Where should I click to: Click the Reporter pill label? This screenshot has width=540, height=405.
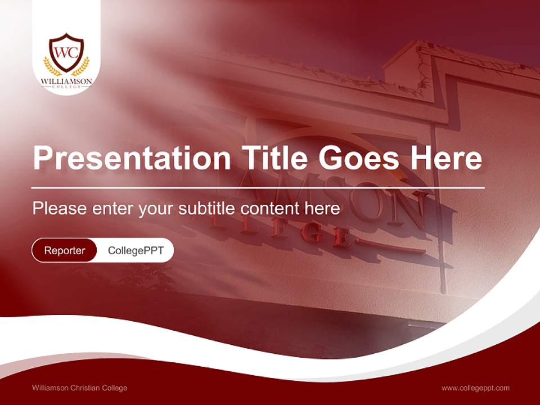(65, 250)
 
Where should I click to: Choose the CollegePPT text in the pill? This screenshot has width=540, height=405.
(136, 250)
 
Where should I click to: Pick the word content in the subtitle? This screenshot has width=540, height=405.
(269, 209)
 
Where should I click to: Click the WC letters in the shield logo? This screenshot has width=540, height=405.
(66, 52)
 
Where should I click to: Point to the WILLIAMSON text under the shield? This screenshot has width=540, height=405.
(66, 82)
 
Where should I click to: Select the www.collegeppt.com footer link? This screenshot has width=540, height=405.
(475, 388)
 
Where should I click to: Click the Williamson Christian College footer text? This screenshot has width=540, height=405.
(80, 388)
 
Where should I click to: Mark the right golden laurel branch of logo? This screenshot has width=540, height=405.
(82, 67)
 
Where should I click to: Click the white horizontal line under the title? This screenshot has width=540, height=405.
(258, 187)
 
